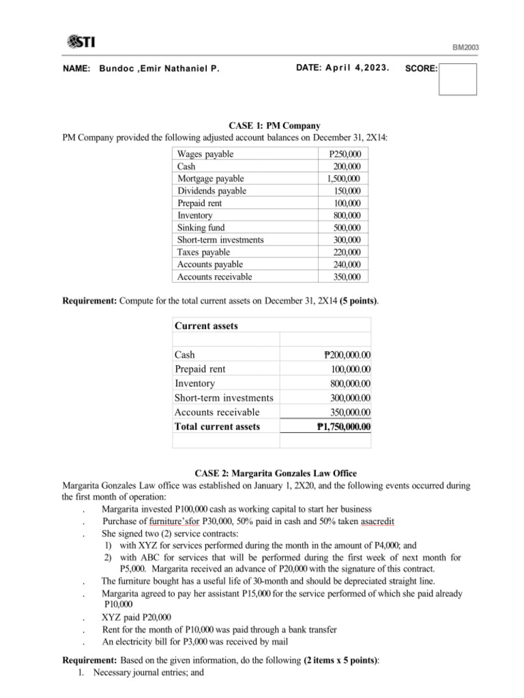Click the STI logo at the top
click(x=81, y=42)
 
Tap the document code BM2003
click(x=466, y=47)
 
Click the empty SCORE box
click(x=457, y=79)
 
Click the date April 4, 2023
click(x=343, y=68)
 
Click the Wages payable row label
click(x=205, y=154)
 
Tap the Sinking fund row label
click(x=201, y=228)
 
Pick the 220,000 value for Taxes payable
click(x=347, y=252)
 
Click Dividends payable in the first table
click(x=212, y=191)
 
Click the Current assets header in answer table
click(x=206, y=326)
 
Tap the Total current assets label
click(x=217, y=427)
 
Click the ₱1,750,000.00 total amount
click(x=344, y=427)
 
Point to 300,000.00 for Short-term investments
click(x=351, y=397)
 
